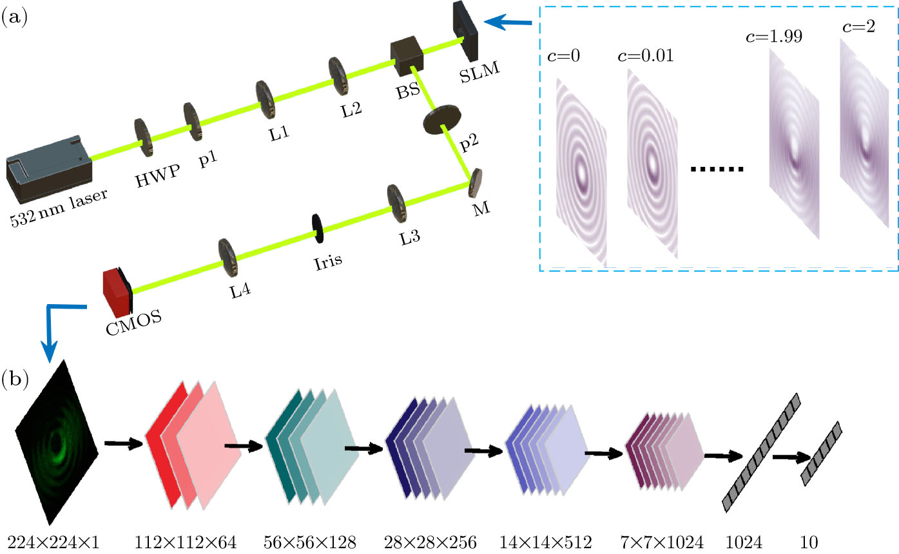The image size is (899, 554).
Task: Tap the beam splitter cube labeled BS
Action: point(406,58)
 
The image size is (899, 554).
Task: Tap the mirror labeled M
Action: point(476,183)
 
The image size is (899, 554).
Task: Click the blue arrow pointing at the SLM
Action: point(508,24)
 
